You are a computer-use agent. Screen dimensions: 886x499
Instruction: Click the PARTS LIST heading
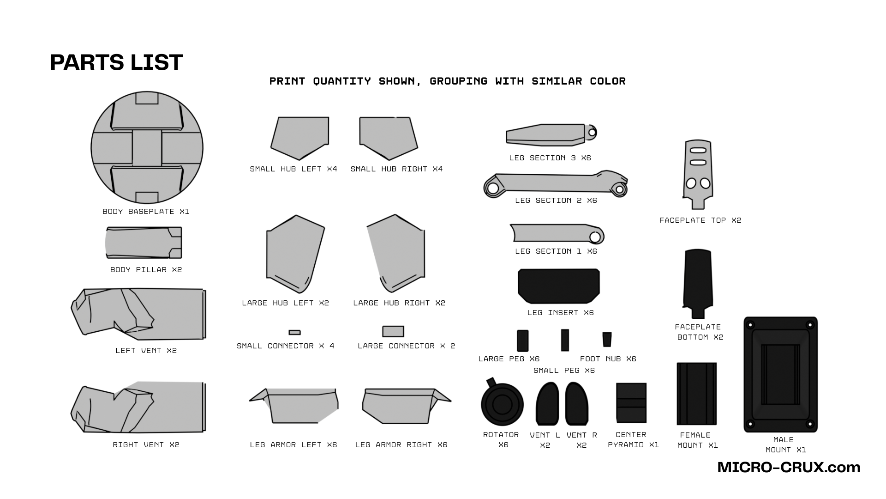(x=116, y=62)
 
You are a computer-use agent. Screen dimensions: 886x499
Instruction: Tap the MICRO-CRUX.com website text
(x=789, y=467)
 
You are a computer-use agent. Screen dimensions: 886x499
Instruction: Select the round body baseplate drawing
(x=147, y=147)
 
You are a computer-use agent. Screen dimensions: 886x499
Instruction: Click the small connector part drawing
(x=294, y=332)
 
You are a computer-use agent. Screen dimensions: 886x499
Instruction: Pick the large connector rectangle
(x=393, y=331)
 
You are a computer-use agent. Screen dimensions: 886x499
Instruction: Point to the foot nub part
(x=607, y=339)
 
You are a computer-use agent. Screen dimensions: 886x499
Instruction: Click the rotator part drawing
(x=502, y=402)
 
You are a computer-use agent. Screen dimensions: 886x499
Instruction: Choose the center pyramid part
(x=631, y=403)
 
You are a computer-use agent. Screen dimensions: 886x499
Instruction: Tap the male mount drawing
(x=780, y=374)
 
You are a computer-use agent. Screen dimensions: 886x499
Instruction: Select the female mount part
(x=696, y=394)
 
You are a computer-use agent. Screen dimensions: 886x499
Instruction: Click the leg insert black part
(x=559, y=286)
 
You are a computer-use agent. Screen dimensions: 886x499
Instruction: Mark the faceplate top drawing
(x=697, y=175)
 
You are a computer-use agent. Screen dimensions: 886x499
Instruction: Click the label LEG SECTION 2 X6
(x=556, y=201)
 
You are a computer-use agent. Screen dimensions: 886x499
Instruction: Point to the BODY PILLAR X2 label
(x=146, y=270)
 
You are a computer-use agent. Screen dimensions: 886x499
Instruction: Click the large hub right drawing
(x=396, y=253)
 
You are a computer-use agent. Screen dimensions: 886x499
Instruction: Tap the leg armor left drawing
(x=294, y=406)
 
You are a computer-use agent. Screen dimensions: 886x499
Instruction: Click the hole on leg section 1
(x=595, y=237)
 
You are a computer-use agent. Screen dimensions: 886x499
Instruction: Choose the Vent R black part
(x=577, y=403)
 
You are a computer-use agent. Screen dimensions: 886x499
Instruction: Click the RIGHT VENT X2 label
(x=146, y=445)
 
